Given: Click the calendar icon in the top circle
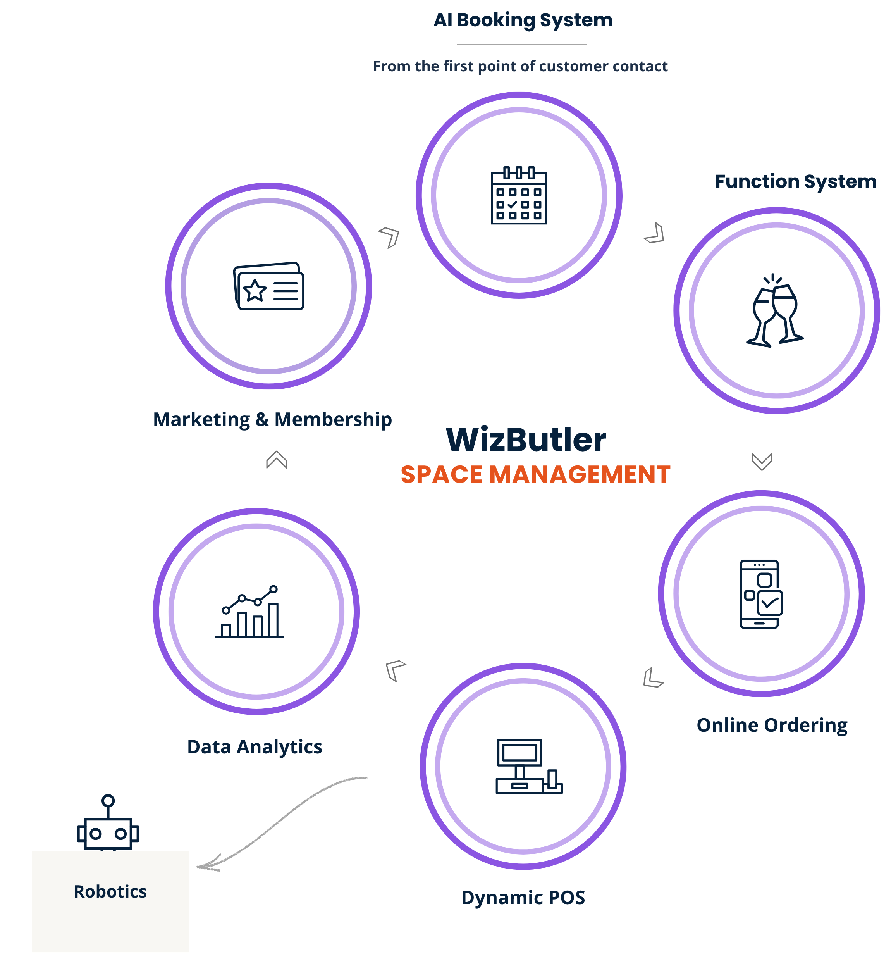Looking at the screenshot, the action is [519, 195].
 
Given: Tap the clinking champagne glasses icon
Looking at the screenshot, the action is [774, 310].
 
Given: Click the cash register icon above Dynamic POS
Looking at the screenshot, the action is [529, 766].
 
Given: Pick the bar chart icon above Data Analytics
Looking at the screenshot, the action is [249, 611].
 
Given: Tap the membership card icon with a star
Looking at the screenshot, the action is [269, 286].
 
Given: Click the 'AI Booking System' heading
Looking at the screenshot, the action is [523, 20].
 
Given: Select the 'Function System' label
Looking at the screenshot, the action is [796, 182].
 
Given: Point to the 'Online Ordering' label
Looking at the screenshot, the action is [772, 725].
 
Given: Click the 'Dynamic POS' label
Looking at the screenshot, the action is [523, 898].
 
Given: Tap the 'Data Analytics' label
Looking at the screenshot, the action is [255, 747].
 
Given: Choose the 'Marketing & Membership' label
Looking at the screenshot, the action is [272, 419].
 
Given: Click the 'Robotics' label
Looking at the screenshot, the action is [110, 892].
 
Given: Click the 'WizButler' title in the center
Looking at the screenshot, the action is [526, 439].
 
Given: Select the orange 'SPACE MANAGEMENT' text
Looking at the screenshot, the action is [535, 475].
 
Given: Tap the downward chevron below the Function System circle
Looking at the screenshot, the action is [762, 462].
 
